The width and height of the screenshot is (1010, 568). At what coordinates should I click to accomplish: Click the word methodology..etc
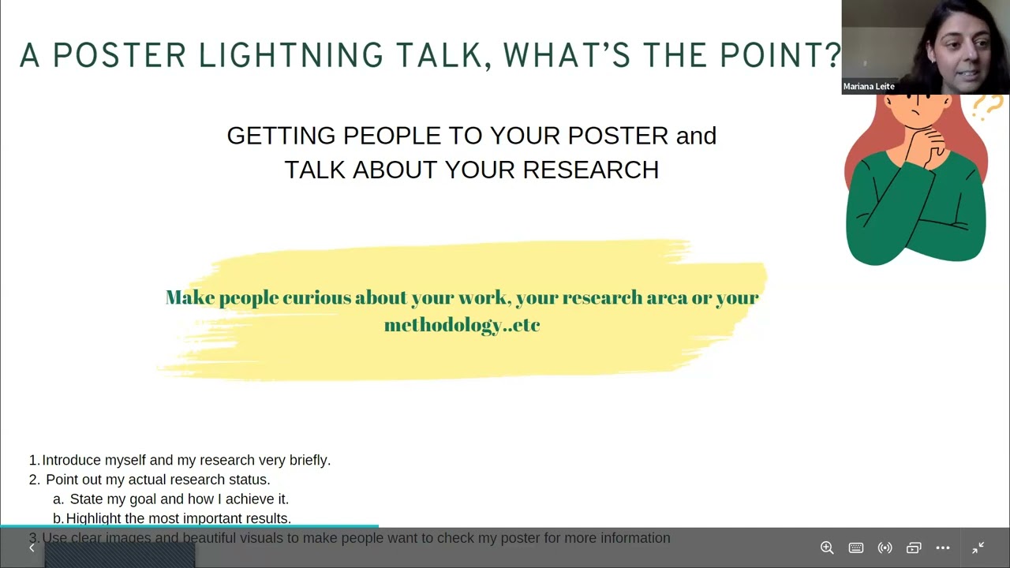coord(462,324)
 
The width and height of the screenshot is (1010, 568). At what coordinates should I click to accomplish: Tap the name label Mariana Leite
coord(869,87)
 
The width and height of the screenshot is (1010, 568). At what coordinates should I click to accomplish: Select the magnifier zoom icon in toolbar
coord(827,547)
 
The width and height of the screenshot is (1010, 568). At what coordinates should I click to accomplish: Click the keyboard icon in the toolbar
coord(856,547)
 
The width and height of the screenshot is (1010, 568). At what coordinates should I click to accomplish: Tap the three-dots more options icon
coord(943,547)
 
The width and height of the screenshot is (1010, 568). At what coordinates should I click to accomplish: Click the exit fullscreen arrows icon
coord(978,547)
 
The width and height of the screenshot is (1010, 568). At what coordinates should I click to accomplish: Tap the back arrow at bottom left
coord(32,547)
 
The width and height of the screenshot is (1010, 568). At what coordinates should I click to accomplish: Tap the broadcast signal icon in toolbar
coord(885,547)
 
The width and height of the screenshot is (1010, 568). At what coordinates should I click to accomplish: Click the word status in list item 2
coord(250,480)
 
